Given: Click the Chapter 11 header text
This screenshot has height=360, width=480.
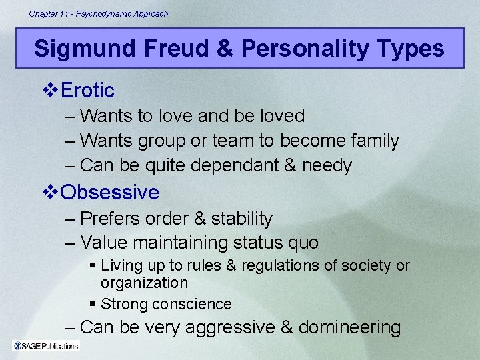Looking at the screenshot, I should [x=99, y=13].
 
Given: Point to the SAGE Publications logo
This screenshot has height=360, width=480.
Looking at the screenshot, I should [x=45, y=345].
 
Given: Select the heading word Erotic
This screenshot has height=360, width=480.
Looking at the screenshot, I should [x=87, y=90].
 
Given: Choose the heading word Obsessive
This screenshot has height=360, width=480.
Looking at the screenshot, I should [x=110, y=193].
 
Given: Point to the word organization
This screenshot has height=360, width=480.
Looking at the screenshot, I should [x=145, y=283].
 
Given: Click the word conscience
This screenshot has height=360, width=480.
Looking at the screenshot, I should [x=191, y=305].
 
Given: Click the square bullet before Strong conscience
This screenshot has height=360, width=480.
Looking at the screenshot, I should [x=93, y=305].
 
